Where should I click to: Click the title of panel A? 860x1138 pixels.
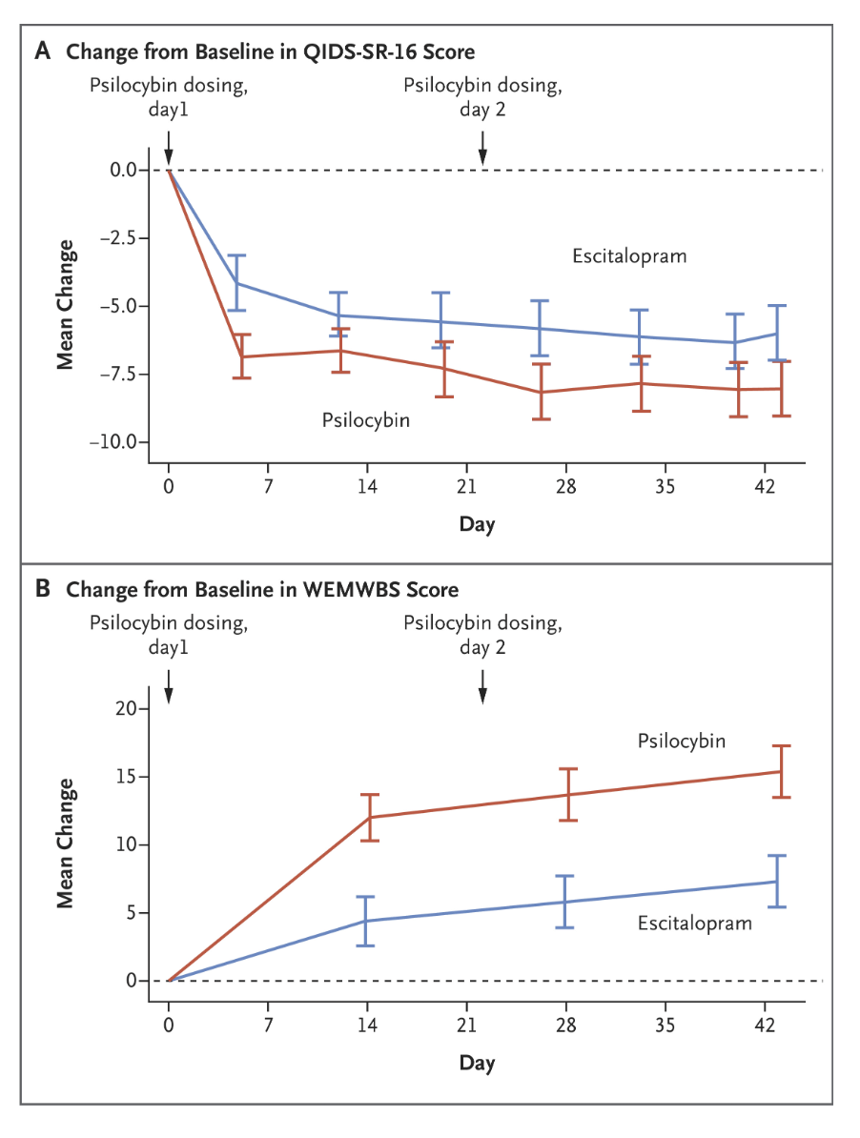pyautogui.click(x=269, y=51)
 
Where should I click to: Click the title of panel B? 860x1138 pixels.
pyautogui.click(x=261, y=590)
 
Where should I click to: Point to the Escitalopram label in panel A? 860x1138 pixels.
pyautogui.click(x=629, y=256)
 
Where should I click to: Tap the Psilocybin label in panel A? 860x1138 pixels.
pyautogui.click(x=366, y=419)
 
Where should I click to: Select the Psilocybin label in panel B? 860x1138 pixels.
pyautogui.click(x=682, y=741)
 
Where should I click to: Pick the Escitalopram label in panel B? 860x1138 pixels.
pyautogui.click(x=694, y=923)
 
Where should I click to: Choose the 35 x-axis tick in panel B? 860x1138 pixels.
pyautogui.click(x=665, y=1024)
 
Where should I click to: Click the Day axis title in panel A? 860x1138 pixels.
pyautogui.click(x=477, y=523)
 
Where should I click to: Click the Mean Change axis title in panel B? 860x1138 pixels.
pyautogui.click(x=66, y=843)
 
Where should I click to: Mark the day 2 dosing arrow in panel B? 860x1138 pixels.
pyautogui.click(x=482, y=686)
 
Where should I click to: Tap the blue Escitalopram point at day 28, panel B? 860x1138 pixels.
pyautogui.click(x=566, y=902)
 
